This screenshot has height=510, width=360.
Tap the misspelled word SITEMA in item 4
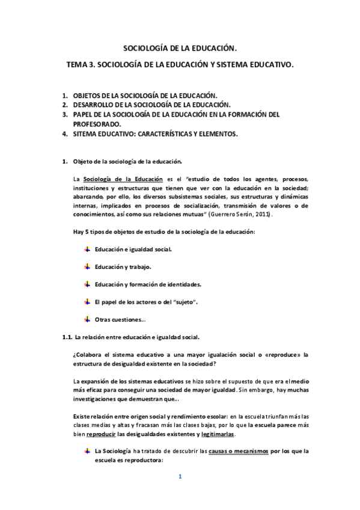(x=85, y=134)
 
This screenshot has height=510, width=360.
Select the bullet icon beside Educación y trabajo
(x=87, y=265)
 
